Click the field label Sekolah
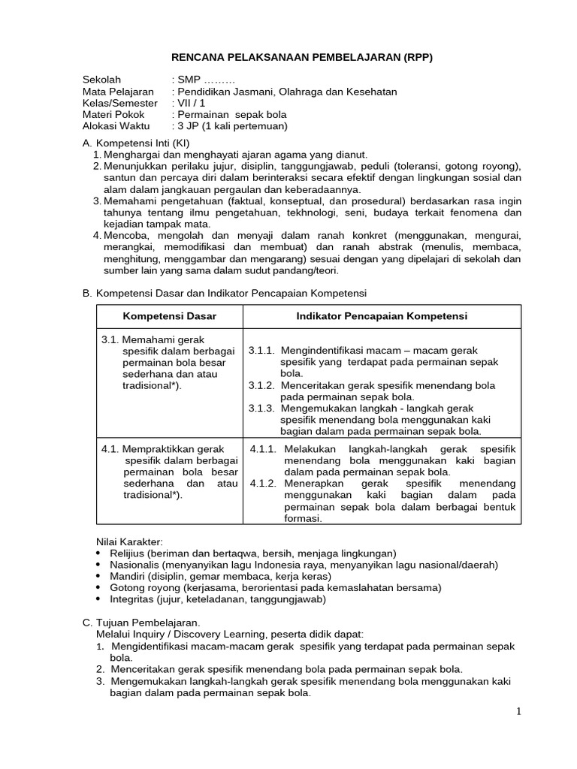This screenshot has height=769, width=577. (x=101, y=80)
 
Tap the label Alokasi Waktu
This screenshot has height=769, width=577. (x=116, y=126)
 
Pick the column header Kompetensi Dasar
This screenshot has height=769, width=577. (x=169, y=316)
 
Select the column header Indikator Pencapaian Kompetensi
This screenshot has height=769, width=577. (x=382, y=316)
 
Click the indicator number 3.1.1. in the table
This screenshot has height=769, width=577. (x=261, y=351)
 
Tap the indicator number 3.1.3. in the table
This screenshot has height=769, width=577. (x=261, y=409)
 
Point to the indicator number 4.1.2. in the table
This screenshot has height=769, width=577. (x=264, y=484)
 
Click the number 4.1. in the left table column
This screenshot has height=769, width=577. (x=110, y=449)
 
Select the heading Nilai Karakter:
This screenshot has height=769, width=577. (x=130, y=541)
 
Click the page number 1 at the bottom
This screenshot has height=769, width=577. (x=519, y=712)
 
